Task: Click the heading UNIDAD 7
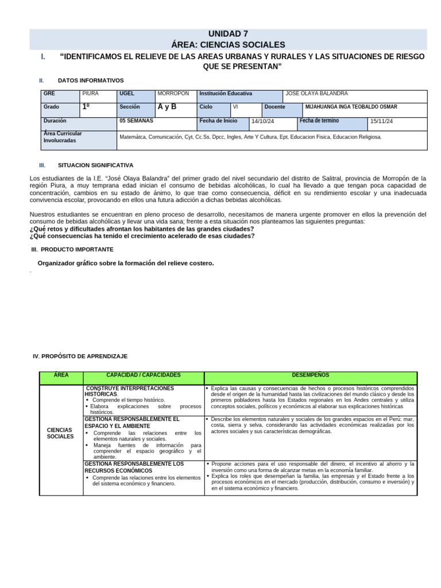tap(228, 34)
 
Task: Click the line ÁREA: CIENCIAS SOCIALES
tap(228, 45)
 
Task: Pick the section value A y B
tap(167, 107)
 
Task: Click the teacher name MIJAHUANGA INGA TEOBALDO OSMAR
tap(351, 107)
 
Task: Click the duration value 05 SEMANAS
tap(136, 121)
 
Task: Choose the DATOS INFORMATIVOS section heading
tap(90, 80)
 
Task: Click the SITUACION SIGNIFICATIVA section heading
tap(95, 165)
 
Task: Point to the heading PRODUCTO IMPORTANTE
tap(77, 249)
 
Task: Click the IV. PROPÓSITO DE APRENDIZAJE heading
tap(80, 356)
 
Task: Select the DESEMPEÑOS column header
tap(311, 375)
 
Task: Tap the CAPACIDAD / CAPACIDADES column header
tap(144, 375)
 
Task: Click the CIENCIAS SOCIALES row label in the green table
tap(60, 433)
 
